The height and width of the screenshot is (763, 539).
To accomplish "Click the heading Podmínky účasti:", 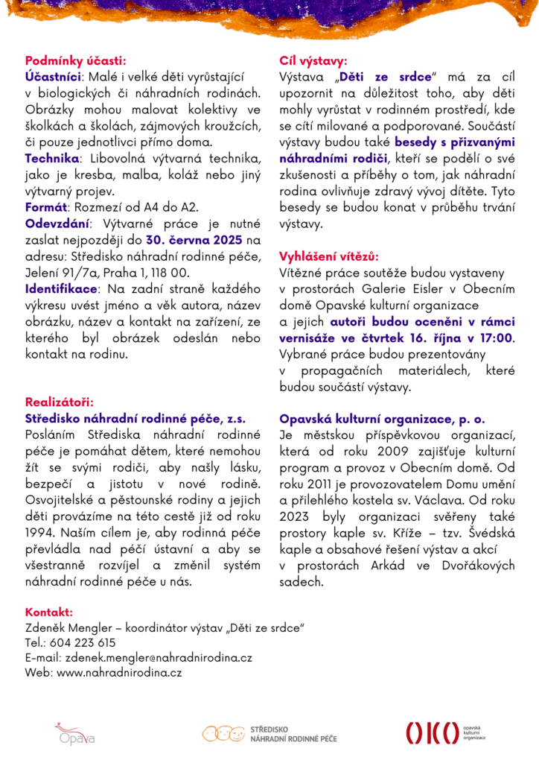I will tap(75, 60).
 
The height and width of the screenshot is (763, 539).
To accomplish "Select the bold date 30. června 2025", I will tap(195, 240).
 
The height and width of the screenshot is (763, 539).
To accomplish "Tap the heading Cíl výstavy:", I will tap(313, 60).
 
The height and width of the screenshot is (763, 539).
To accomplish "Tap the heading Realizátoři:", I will tap(60, 402).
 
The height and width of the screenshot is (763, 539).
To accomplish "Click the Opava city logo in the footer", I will tap(74, 733).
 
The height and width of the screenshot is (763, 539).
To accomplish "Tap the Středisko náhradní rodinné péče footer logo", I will tap(269, 733).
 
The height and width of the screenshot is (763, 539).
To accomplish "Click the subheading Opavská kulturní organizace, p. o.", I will tap(382, 419).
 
